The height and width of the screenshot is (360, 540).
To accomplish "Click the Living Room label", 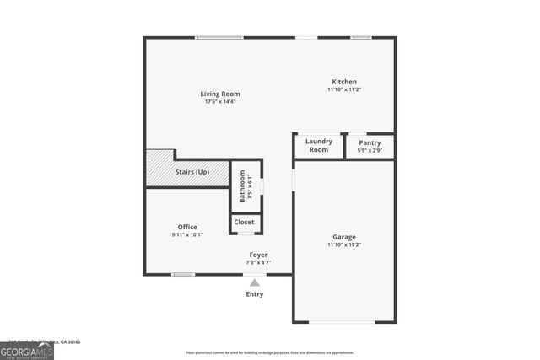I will coord(219,94).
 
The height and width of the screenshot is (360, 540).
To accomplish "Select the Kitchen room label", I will coord(344,82).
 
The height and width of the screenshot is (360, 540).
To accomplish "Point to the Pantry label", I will coord(370,143).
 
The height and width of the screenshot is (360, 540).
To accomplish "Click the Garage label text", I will coord(343,237).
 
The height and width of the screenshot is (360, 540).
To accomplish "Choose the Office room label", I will coord(187,227).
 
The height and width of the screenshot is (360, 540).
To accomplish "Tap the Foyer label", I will coord(258,255).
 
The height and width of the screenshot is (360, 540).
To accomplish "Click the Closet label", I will coord(244,223).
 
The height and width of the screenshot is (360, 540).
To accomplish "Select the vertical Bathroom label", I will coord(242,185).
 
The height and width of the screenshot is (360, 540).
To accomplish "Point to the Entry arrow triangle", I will coord(255,282).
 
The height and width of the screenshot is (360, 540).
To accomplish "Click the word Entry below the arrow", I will coord(255,294).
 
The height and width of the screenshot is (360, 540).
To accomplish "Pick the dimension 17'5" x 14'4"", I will coord(219,102).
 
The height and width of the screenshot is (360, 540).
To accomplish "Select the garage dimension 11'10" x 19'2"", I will coord(343,245).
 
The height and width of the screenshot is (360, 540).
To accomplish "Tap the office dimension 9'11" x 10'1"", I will coord(187,235).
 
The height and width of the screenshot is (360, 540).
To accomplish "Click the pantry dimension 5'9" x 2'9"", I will coord(370,151).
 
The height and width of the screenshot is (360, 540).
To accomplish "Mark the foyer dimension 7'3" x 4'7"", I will coord(258,262).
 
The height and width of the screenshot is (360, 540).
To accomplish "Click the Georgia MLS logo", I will coord(27,349).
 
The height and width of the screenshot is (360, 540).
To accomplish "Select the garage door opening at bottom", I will coord(343,322).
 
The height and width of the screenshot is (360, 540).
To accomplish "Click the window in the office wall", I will coord(183,274).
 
